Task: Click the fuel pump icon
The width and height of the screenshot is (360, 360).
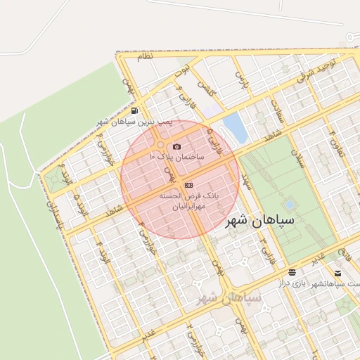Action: [x=134, y=110]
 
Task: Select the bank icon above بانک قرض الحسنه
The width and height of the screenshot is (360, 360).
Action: [x=188, y=184]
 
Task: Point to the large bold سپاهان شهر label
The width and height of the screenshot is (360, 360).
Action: [x=271, y=221]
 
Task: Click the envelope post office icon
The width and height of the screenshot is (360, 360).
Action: [x=338, y=273]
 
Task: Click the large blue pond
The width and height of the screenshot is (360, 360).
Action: [x=235, y=127]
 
